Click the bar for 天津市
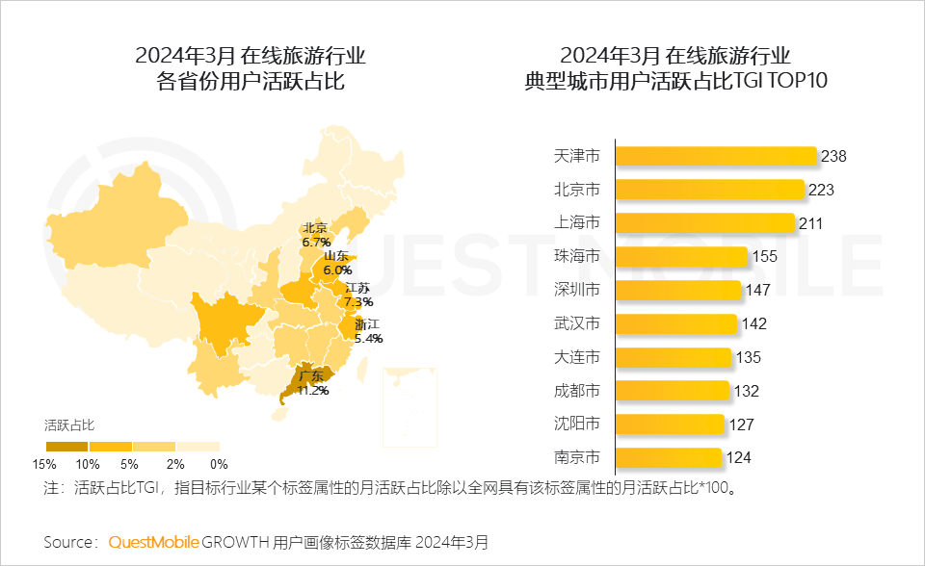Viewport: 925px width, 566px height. tap(716, 156)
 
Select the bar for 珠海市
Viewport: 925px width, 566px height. tap(681, 256)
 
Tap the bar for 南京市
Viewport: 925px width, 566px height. tap(668, 457)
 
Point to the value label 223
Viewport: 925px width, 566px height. tap(821, 190)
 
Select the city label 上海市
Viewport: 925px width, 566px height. tap(577, 223)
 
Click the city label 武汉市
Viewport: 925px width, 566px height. tap(577, 323)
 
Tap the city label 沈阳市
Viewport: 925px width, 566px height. tap(577, 424)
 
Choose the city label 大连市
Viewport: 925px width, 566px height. tap(577, 357)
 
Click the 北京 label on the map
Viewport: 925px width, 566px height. tap(315, 229)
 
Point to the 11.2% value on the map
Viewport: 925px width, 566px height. tap(313, 391)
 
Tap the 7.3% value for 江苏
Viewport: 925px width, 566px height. tap(358, 302)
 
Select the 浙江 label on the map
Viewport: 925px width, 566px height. tap(367, 324)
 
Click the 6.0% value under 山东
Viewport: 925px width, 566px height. tap(337, 270)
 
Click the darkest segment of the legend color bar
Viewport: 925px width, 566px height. tap(66, 447)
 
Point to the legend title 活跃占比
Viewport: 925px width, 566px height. tap(69, 424)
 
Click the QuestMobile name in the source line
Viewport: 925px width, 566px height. tap(153, 542)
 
